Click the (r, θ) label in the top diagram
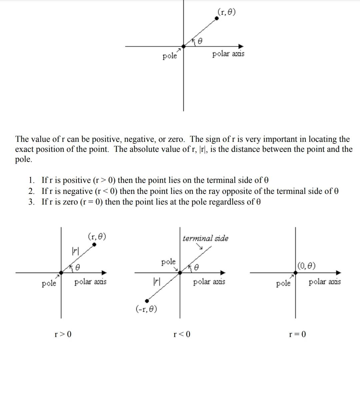pyautogui.click(x=226, y=12)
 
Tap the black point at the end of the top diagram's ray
pyautogui.click(x=217, y=18)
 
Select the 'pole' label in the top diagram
pyautogui.click(x=170, y=56)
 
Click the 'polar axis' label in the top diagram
pyautogui.click(x=228, y=53)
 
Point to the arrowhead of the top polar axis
pyautogui.click(x=241, y=46)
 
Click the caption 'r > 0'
pyautogui.click(x=63, y=334)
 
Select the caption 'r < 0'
pyautogui.click(x=182, y=334)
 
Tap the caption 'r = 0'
pyautogui.click(x=297, y=334)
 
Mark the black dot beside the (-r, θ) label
pyautogui.click(x=147, y=301)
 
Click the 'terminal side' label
pyautogui.click(x=205, y=238)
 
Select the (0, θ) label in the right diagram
pyautogui.click(x=307, y=266)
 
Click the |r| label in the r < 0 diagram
pyautogui.click(x=156, y=281)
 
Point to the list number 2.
pyautogui.click(x=31, y=191)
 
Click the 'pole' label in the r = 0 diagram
pyautogui.click(x=283, y=284)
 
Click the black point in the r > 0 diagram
pyautogui.click(x=94, y=245)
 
